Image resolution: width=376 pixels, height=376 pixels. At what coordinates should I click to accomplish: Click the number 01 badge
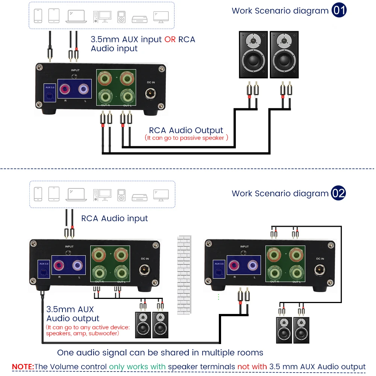coord(339,10)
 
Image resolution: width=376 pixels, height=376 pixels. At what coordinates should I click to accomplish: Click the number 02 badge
coord(338,193)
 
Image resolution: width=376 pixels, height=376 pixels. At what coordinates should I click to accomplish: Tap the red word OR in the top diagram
coord(170,39)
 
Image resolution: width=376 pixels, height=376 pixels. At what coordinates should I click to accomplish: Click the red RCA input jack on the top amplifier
coord(65,89)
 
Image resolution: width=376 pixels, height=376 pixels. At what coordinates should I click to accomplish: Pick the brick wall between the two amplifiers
coord(184,274)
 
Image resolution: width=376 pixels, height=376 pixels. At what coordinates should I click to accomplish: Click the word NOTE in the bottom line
coord(23,367)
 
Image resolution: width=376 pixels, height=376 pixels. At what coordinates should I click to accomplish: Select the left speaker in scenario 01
coord(253,55)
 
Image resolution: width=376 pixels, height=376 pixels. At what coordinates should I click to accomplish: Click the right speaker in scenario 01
coord(284,55)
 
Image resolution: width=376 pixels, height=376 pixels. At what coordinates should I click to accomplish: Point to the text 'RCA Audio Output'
coord(186,130)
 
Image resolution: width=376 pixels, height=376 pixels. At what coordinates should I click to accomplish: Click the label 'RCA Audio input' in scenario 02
coord(115,218)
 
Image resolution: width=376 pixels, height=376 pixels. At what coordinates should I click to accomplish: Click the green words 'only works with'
coord(138,367)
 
